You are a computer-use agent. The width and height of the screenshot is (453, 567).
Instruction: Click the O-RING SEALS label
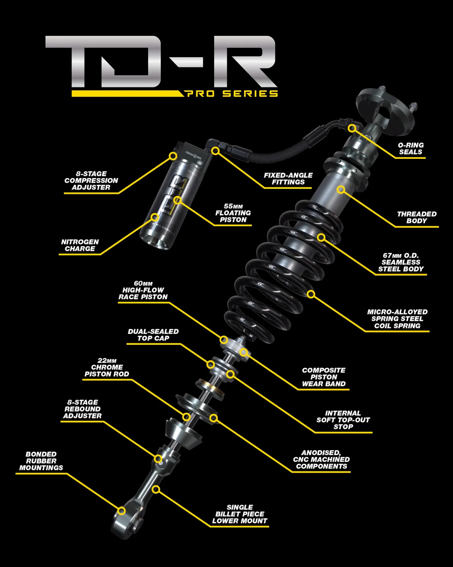(x=410, y=149)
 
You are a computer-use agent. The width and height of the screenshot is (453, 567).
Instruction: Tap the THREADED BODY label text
(x=417, y=217)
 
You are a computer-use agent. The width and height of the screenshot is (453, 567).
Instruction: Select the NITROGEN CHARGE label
(x=80, y=245)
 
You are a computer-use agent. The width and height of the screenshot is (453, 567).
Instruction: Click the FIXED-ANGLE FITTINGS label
(x=288, y=179)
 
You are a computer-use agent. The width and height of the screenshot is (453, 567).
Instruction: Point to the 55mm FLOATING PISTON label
(x=233, y=213)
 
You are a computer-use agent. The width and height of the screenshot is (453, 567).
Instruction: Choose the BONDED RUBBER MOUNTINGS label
(x=41, y=461)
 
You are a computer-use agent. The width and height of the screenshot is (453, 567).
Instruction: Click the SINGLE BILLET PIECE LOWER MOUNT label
(x=239, y=514)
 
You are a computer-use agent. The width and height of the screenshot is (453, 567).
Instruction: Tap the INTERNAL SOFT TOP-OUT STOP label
(x=343, y=420)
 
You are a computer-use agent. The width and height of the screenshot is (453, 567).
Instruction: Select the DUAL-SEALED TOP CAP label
(x=153, y=335)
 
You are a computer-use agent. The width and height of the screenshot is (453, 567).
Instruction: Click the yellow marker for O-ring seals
(x=352, y=128)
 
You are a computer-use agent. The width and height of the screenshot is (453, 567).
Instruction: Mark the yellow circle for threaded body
(x=341, y=190)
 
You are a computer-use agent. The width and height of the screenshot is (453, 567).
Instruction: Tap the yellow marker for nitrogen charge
(x=155, y=217)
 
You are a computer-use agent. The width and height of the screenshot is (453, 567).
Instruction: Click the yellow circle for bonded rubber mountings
(x=121, y=511)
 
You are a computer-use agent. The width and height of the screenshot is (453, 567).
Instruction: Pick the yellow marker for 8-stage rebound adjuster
(x=158, y=459)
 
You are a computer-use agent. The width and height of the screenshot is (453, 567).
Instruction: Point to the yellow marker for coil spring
(x=311, y=294)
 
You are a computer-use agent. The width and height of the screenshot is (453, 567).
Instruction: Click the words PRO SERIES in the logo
(x=231, y=94)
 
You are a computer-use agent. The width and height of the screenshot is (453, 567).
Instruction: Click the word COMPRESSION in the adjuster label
(x=91, y=180)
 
